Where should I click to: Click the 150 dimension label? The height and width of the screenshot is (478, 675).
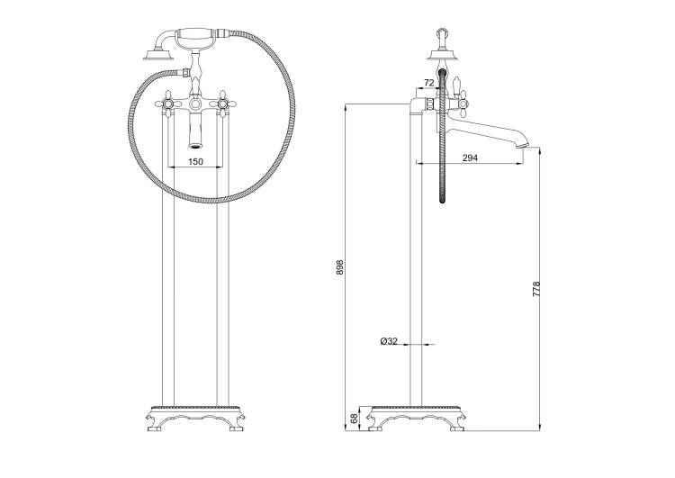click(x=195, y=162)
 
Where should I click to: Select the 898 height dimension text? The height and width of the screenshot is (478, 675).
click(x=339, y=268)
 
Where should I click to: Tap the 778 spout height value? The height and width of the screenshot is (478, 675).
click(x=536, y=289)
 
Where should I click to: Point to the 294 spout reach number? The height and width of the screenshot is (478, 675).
click(x=470, y=158)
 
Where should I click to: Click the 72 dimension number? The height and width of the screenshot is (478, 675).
click(x=429, y=83)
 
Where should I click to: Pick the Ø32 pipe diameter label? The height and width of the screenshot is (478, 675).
click(x=389, y=341)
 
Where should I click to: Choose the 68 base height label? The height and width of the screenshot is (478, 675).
click(x=355, y=419)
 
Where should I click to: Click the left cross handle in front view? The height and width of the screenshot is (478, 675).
click(x=167, y=104)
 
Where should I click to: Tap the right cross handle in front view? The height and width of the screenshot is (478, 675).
click(x=222, y=104)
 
